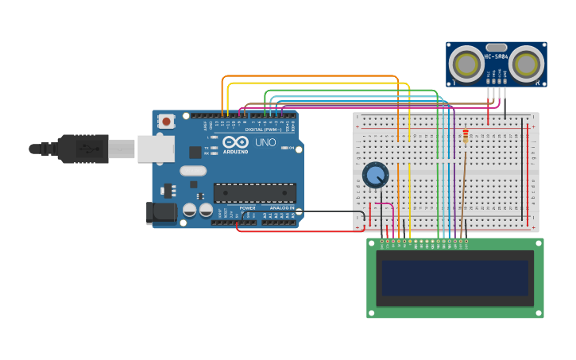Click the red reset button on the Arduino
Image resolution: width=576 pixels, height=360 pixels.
click(x=166, y=122)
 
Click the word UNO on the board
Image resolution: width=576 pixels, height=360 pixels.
click(x=265, y=142)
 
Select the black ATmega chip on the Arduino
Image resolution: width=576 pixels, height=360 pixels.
click(x=254, y=193)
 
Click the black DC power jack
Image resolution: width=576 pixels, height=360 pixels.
click(x=160, y=212)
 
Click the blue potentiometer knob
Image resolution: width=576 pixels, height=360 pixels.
click(x=375, y=175)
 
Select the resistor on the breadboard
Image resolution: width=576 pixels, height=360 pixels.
click(x=465, y=137)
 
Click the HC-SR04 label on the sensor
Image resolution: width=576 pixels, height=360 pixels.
click(x=497, y=56)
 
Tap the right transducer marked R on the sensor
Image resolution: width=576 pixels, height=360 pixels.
click(x=527, y=64)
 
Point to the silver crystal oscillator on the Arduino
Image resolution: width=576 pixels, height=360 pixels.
click(x=192, y=170)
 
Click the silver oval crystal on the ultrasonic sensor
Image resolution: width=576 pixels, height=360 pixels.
click(x=497, y=47)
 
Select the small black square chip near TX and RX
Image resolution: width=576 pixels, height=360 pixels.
click(x=195, y=152)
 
